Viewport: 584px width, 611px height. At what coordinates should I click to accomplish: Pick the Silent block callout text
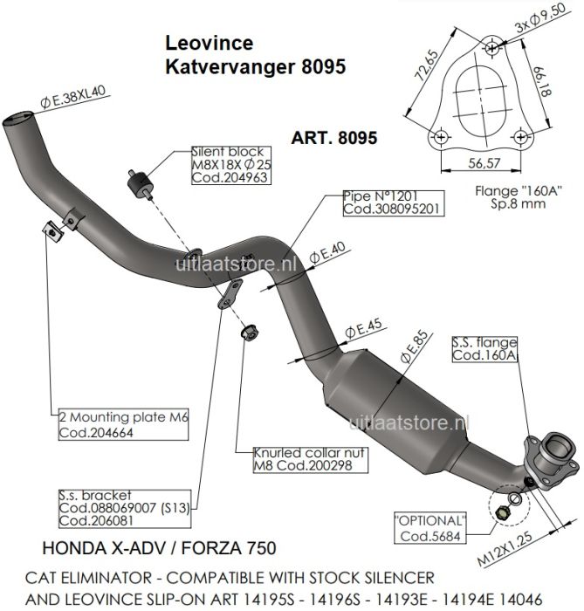coord(228,163)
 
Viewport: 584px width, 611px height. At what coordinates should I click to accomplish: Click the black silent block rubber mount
coord(140,183)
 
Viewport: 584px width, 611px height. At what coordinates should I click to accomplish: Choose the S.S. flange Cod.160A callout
coord(485,349)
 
